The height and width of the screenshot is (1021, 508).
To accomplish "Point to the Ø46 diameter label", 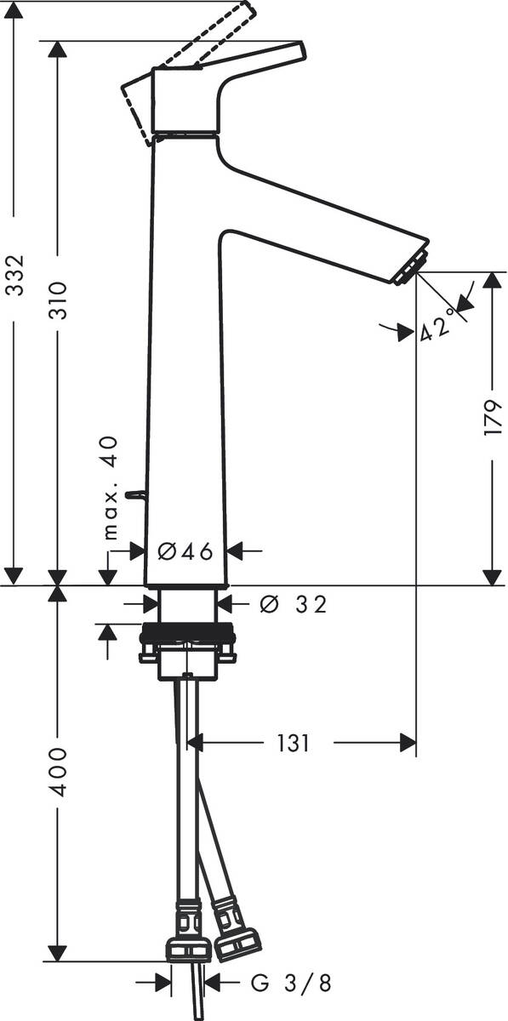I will tap(186, 551).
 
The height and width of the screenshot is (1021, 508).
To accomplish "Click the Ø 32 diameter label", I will tap(292, 604).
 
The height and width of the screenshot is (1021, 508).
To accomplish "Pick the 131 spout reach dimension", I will tap(292, 743).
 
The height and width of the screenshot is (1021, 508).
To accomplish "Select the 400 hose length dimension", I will tap(58, 773).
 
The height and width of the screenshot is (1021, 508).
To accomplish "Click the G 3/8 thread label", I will tap(290, 984).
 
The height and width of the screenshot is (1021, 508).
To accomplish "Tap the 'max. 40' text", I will tap(110, 489).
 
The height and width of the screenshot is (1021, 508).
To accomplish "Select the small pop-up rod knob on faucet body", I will tap(134, 493).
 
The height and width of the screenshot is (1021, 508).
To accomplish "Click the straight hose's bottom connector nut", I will tap(188, 949).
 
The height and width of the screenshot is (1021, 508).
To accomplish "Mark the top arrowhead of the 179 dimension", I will tap(493, 281).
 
